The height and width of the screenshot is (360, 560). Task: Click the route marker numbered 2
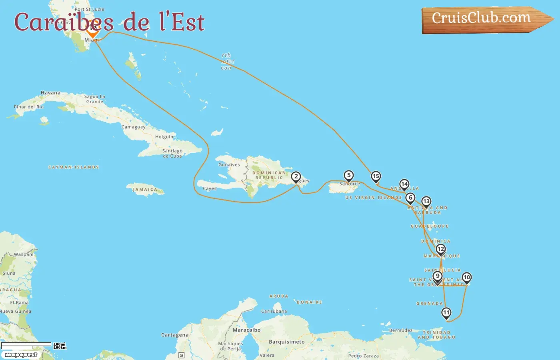tap(296, 177)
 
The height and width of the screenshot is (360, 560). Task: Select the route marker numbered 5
tap(349, 176)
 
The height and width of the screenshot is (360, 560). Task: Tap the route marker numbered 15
tap(376, 176)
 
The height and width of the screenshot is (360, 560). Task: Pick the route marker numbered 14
tap(404, 184)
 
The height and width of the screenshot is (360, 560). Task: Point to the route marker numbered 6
tap(410, 198)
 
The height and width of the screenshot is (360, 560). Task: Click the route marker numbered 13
tap(426, 202)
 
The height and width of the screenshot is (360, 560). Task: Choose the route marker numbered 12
tap(440, 249)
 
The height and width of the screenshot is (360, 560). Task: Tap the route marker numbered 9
tap(438, 276)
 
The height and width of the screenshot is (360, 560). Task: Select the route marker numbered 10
tap(466, 278)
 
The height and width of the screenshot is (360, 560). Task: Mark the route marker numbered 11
tap(446, 313)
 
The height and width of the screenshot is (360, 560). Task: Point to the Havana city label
tap(50, 93)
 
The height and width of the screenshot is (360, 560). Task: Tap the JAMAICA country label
tap(145, 190)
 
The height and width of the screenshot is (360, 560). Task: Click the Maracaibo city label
tap(247, 330)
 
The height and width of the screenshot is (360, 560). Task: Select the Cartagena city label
tap(175, 335)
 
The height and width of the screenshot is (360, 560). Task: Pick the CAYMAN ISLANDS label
tap(74, 167)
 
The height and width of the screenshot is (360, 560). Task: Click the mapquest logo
tap(21, 355)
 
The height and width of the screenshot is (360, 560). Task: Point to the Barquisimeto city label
tap(287, 342)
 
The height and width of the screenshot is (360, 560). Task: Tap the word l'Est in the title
tap(182, 22)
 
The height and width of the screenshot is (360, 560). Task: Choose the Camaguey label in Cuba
tap(134, 127)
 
